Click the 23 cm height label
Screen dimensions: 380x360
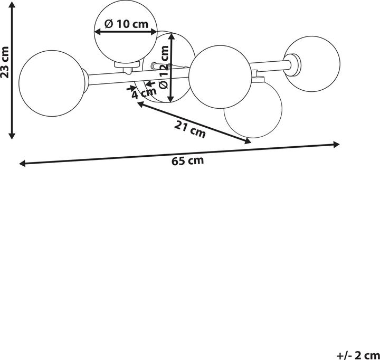[x=5, y=62]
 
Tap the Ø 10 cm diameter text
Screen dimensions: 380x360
[x=126, y=24]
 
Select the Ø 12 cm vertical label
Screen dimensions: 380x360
[x=164, y=67]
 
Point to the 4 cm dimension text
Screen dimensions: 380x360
[x=144, y=93]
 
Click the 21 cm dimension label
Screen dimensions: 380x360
[x=190, y=129]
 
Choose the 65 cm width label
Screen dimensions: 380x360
[x=187, y=160]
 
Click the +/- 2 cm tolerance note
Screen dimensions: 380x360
[x=358, y=355]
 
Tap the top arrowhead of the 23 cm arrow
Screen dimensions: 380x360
[x=12, y=4]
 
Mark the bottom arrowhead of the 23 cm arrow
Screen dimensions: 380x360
[x=12, y=136]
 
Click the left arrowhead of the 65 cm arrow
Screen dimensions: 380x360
[x=22, y=164]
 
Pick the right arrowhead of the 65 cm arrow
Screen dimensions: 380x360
[x=336, y=145]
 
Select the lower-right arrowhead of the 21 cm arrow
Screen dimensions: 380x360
[x=248, y=141]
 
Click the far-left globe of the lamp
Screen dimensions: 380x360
[x=52, y=83]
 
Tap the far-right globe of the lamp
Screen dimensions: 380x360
[x=312, y=64]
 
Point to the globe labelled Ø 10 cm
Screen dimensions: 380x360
[x=126, y=32]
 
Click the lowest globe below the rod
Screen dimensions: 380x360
[x=253, y=110]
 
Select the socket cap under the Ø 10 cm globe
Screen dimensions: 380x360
[x=127, y=64]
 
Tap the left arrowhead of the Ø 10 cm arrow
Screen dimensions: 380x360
[x=98, y=32]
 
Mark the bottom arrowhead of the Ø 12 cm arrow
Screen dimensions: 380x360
[x=171, y=99]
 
